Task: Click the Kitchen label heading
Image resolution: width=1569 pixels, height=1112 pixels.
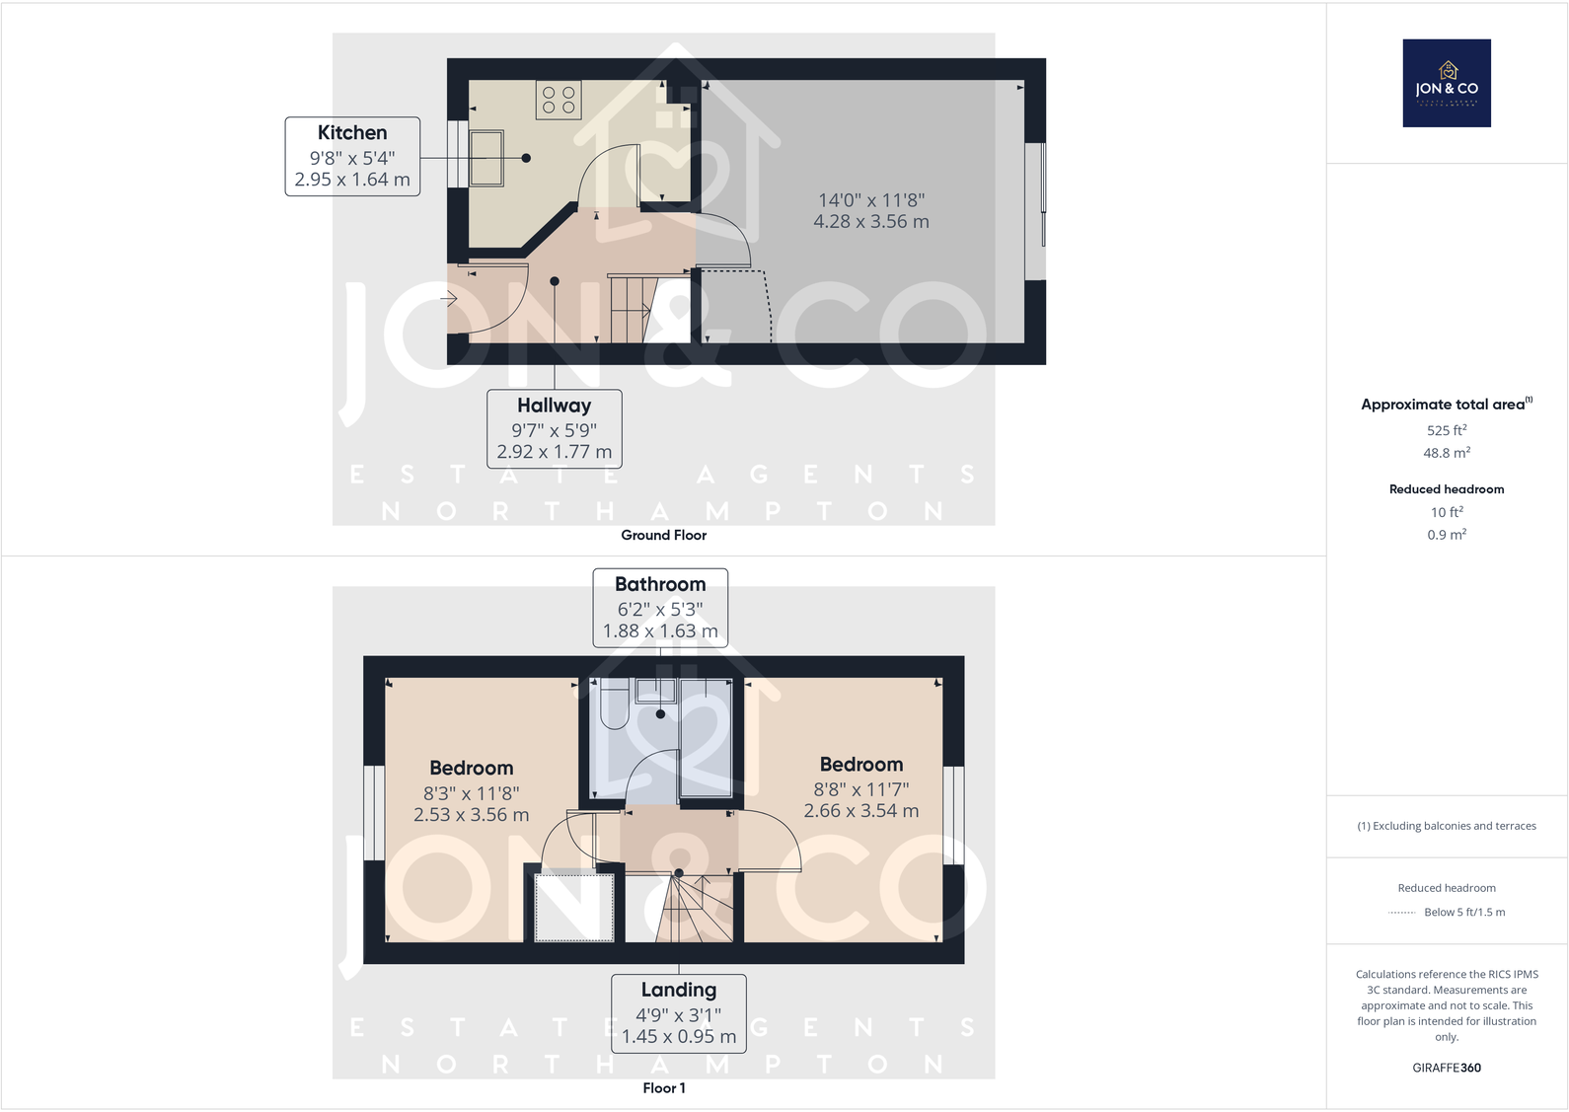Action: pyautogui.click(x=352, y=133)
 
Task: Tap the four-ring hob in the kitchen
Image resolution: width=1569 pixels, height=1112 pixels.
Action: pyautogui.click(x=559, y=100)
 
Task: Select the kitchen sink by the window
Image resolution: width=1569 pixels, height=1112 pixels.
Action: pyautogui.click(x=486, y=158)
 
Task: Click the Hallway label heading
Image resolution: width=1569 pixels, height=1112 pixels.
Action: pyautogui.click(x=554, y=406)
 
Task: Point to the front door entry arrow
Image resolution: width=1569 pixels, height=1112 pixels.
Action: pyautogui.click(x=449, y=298)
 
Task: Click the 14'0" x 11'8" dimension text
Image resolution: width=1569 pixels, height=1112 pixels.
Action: pyautogui.click(x=871, y=200)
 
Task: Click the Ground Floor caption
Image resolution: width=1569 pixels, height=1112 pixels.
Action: pyautogui.click(x=663, y=535)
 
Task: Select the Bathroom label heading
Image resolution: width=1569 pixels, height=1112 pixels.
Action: pyautogui.click(x=660, y=584)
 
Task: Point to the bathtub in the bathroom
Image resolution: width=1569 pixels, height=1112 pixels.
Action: pyautogui.click(x=706, y=737)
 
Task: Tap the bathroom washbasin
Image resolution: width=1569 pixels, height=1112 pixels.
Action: pyautogui.click(x=655, y=691)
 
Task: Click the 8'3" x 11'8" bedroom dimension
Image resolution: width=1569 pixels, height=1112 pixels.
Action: pyautogui.click(x=471, y=793)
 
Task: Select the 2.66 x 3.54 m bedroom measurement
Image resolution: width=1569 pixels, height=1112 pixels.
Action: pyautogui.click(x=860, y=811)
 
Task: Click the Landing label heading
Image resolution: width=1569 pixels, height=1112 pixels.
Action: pyautogui.click(x=679, y=990)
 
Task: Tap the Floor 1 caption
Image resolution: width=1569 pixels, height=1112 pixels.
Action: pyautogui.click(x=663, y=1088)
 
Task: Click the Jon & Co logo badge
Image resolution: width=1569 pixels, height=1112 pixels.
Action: pyautogui.click(x=1447, y=83)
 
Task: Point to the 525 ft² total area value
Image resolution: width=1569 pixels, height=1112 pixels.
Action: pyautogui.click(x=1447, y=430)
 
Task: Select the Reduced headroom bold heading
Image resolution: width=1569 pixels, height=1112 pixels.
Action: pyautogui.click(x=1447, y=489)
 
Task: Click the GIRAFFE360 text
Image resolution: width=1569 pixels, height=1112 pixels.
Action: pyautogui.click(x=1447, y=1068)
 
